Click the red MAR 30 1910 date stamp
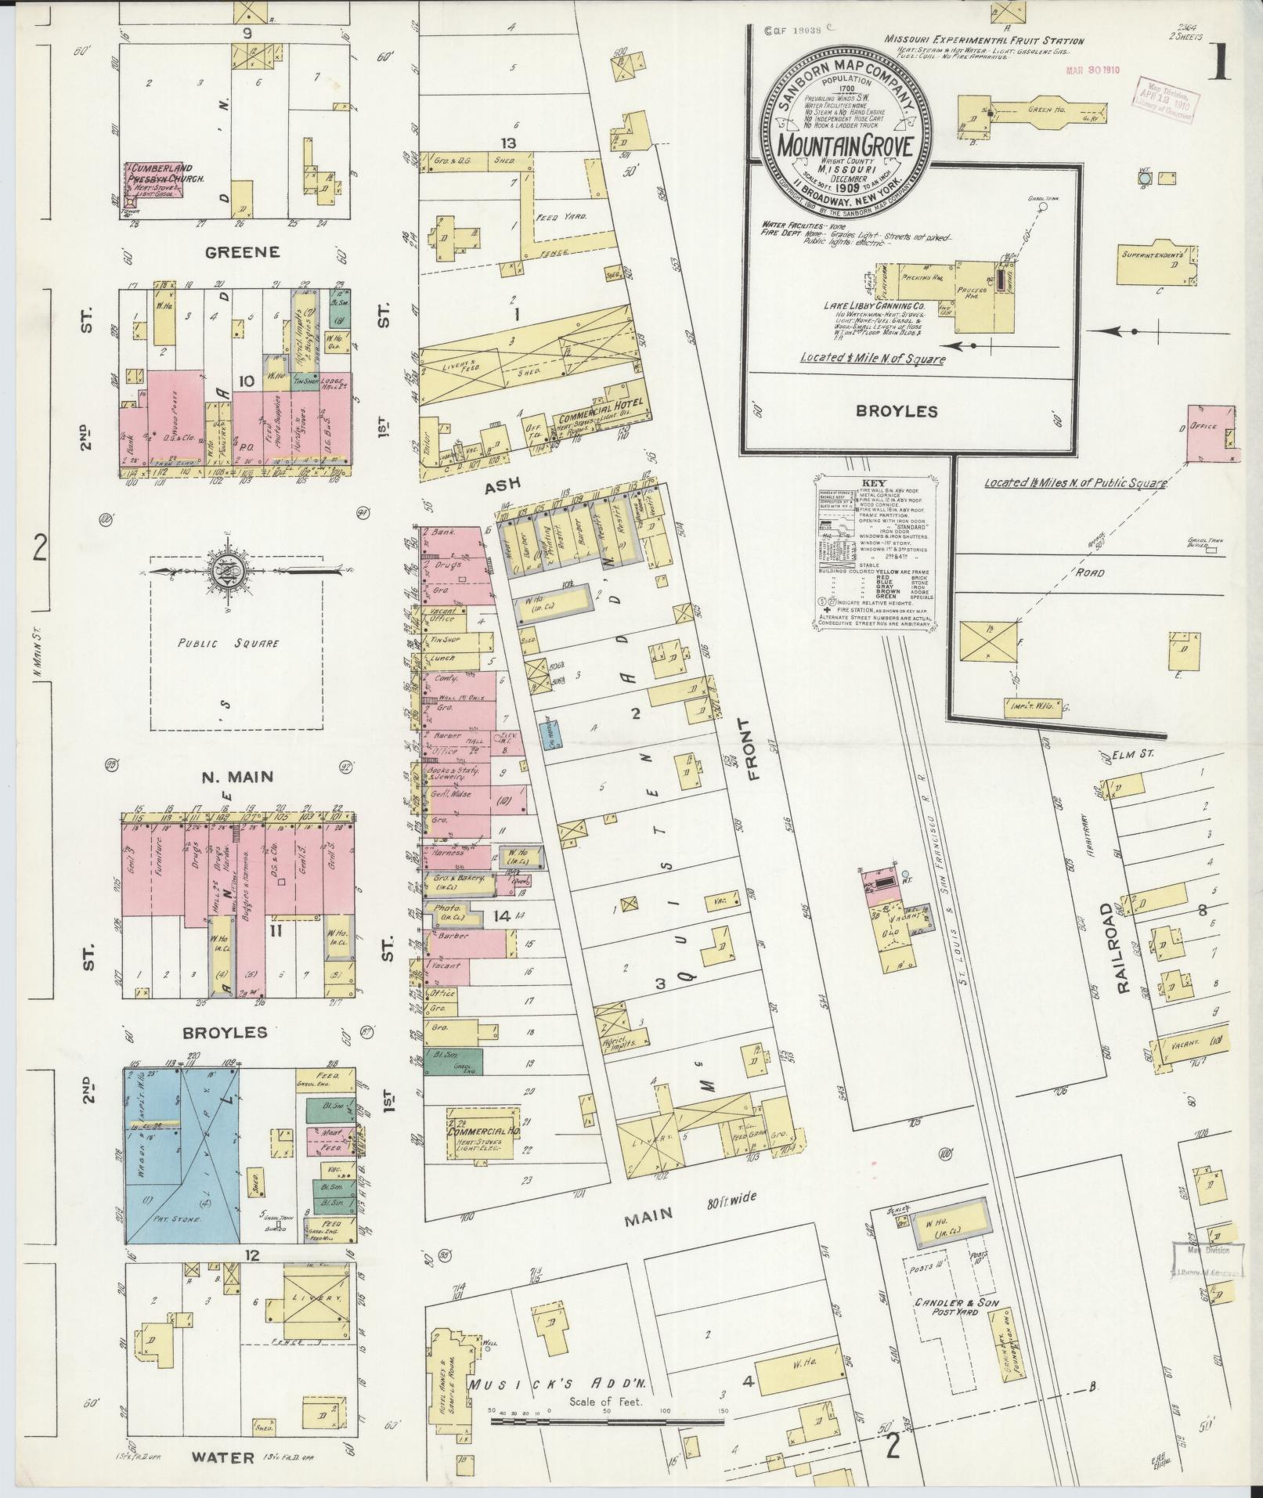1092,70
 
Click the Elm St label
1135,756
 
